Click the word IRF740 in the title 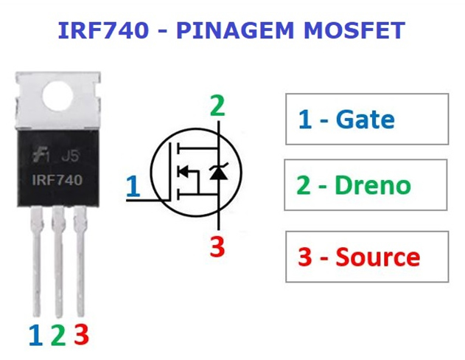pos(103,30)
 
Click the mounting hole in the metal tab pos(57,96)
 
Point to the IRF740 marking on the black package pos(57,180)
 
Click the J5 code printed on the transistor pos(71,156)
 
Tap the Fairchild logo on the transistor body pos(41,156)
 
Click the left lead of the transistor pos(36,261)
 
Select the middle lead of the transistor pos(58,262)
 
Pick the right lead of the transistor pos(80,261)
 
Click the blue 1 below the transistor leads pos(36,335)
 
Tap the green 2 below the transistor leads pos(58,335)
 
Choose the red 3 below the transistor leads pos(81,334)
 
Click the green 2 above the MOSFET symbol pos(217,105)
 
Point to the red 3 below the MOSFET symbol pos(217,246)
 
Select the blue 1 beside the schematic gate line pos(133,187)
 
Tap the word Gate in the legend pos(365,119)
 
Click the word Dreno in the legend pos(373,184)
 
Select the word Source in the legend pos(378,257)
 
